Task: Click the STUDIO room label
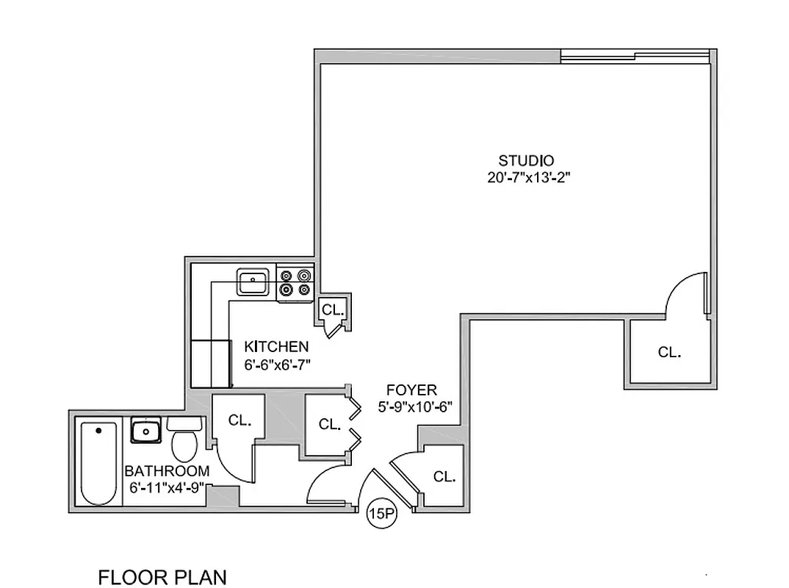526,160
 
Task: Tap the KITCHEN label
276,346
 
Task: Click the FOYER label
412,390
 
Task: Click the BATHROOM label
167,470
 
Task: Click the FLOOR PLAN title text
162,577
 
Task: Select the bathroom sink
145,430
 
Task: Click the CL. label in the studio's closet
669,353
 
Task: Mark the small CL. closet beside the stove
332,311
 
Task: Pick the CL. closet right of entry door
444,476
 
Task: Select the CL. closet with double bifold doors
329,424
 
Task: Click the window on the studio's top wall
635,54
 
